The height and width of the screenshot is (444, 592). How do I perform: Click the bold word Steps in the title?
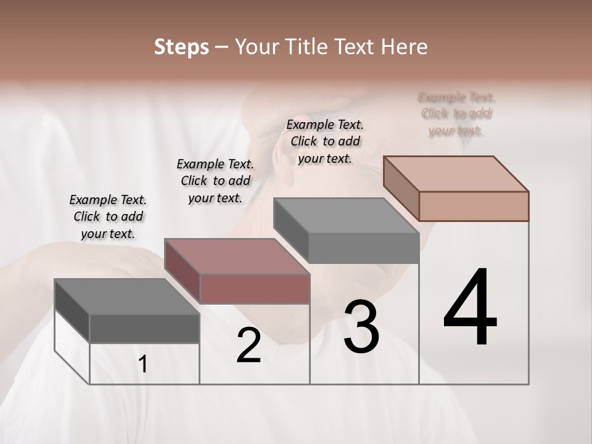181,47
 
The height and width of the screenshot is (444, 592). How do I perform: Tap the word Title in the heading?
308,47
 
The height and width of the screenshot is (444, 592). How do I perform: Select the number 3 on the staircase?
361,326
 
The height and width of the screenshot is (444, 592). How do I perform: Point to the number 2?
249,345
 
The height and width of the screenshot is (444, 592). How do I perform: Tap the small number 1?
143,364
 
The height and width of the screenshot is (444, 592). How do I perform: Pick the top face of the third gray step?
346,216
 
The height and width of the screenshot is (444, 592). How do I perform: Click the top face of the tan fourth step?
456,174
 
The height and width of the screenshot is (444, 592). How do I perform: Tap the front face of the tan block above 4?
474,206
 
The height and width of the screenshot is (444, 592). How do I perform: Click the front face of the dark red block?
255,289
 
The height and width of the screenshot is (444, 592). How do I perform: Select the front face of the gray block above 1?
144,328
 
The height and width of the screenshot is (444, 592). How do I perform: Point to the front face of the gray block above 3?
364,248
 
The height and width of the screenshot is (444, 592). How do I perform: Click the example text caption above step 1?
108,216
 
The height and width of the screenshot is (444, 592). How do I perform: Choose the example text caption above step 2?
215,181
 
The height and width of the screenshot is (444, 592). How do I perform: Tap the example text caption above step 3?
325,141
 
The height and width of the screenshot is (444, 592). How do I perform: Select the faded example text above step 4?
456,114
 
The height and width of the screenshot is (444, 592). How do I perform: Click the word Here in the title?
406,47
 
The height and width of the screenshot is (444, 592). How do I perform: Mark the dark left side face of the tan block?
401,187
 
